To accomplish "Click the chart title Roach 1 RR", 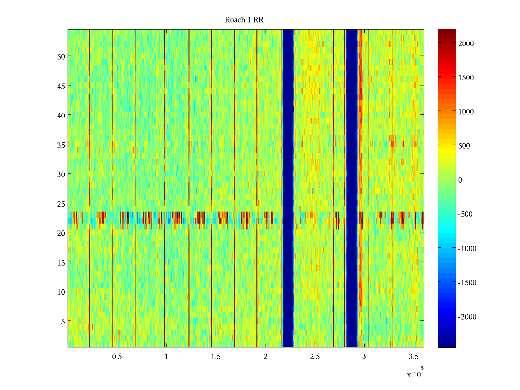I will (x=244, y=20).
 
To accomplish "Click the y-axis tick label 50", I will (x=61, y=57).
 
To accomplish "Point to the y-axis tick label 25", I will (x=61, y=204).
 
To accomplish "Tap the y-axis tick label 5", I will (x=63, y=322).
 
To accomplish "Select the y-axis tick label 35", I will (x=61, y=145).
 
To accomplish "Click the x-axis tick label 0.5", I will (x=117, y=357).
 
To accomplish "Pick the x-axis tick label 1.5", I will (x=216, y=357).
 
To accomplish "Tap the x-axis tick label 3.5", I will (x=413, y=357).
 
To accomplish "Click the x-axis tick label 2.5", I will (x=315, y=357).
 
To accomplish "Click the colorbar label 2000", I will (x=466, y=44).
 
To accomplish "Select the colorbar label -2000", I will (x=467, y=317).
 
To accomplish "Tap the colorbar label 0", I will (x=460, y=180).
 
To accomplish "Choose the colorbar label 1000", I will (x=466, y=112).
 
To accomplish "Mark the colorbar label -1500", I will (x=467, y=283).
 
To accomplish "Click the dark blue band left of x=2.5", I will (x=288, y=188).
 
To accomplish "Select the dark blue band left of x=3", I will (x=352, y=188).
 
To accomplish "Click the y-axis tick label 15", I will (x=61, y=263).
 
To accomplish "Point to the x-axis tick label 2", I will (x=265, y=357).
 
